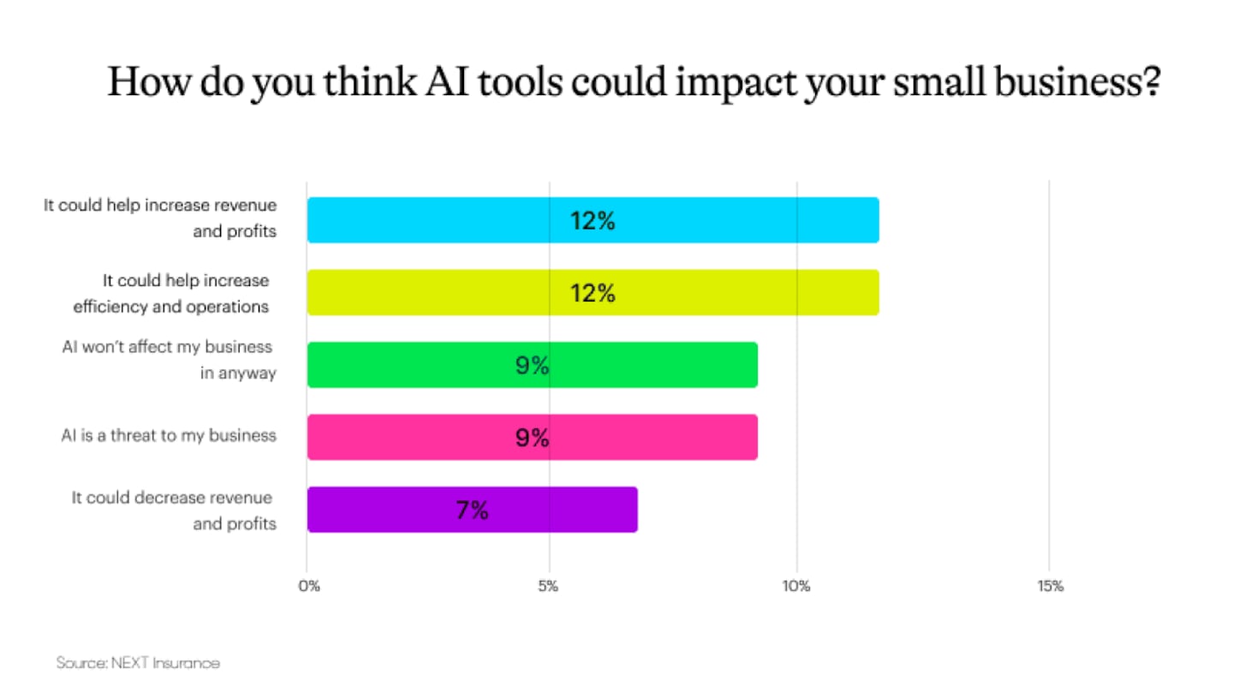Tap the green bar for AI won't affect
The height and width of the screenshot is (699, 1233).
coord(411,365)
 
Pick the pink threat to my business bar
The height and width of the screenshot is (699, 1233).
coord(411,437)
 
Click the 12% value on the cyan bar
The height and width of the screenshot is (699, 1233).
coord(593,221)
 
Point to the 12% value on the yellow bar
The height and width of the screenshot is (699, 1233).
coord(593,293)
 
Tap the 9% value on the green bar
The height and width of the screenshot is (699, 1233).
coord(532,366)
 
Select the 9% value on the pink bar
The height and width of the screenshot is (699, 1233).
coord(532,438)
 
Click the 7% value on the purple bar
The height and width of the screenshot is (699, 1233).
coord(472,511)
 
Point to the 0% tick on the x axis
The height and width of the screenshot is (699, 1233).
coord(308,587)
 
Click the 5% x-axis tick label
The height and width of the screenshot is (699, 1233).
coord(549,587)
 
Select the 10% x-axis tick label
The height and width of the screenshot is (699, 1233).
coord(796,587)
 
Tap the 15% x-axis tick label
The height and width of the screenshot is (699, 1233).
coord(1050,587)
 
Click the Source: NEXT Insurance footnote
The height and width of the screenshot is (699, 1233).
coord(138,662)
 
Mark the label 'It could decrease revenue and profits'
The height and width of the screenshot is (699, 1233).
coord(175,511)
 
